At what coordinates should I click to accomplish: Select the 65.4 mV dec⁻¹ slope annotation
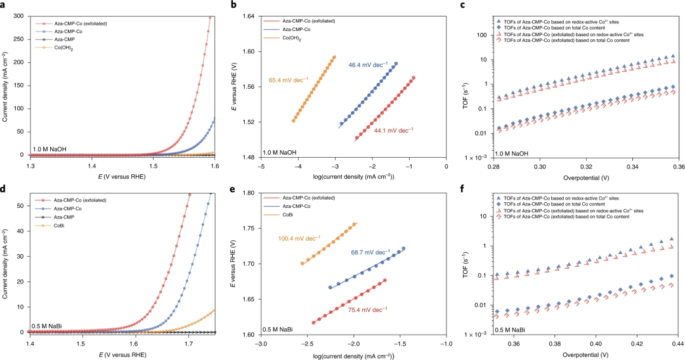coord(289,80)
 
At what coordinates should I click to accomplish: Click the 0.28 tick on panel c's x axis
coord(495,167)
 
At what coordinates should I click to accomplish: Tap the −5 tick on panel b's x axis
coord(261,167)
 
